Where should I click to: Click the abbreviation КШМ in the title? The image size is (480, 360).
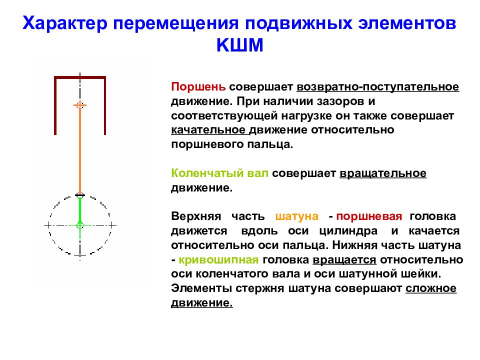(239, 46)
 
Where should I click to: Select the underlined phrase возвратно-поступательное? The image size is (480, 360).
(377, 87)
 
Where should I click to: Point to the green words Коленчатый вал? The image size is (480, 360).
(220, 173)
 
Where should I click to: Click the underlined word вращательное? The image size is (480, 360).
(383, 173)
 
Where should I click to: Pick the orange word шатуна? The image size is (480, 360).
(297, 217)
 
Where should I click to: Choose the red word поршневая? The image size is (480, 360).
(369, 217)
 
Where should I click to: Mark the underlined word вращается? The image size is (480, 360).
(344, 260)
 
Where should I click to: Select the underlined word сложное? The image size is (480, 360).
(431, 288)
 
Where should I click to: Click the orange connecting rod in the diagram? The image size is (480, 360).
(79, 150)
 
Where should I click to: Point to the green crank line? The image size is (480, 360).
(79, 210)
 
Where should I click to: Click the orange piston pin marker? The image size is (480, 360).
(79, 105)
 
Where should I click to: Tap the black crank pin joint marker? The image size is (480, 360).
(79, 194)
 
